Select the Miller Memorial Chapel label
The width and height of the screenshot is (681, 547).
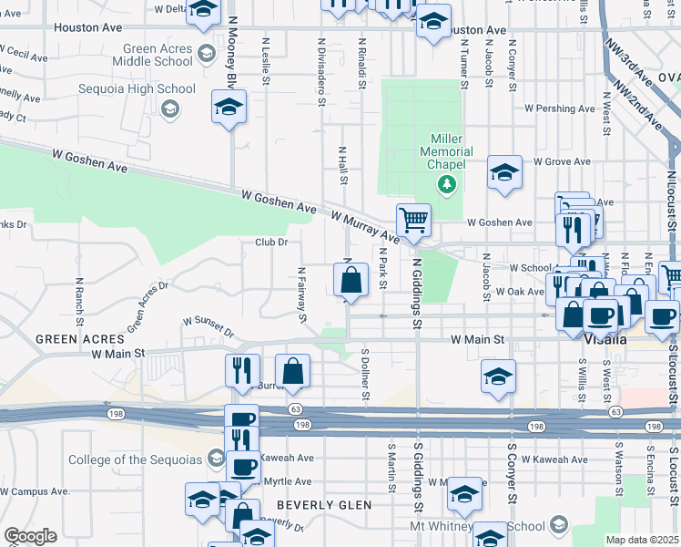[x=446, y=151]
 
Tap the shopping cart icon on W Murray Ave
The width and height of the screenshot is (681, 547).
[x=413, y=220]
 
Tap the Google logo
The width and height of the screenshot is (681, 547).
[x=30, y=536]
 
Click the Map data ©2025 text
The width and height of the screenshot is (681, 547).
[x=641, y=540]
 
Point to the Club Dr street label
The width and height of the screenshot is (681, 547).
[x=271, y=242]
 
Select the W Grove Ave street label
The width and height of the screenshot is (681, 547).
[x=564, y=161]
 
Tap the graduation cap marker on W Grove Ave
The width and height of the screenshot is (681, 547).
[x=503, y=171]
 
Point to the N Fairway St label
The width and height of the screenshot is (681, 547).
[x=301, y=294]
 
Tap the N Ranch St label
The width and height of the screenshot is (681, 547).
[x=80, y=302]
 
